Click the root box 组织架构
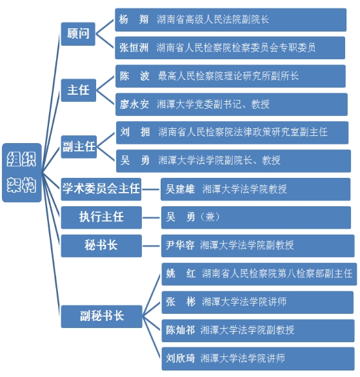22,173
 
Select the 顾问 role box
78,34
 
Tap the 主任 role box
79,90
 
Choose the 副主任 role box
79,147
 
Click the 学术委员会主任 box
101,189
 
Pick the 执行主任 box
101,217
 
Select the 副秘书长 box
101,316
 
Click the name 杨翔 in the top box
134,19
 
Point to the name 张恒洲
134,48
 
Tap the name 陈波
135,76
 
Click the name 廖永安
134,104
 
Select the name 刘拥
135,132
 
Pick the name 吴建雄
180,189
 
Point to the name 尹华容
180,246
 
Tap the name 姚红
181,274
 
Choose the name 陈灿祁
181,330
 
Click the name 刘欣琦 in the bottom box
181,358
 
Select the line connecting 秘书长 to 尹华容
151,246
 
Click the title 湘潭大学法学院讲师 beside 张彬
244,302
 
